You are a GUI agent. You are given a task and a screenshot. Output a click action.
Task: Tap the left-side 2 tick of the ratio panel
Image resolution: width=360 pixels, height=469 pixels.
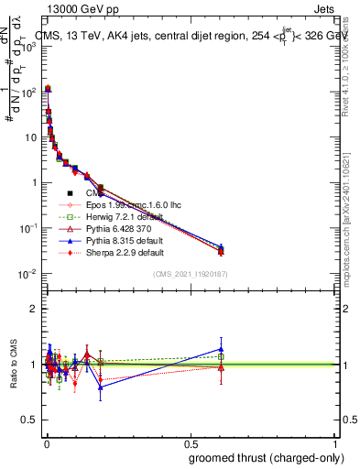[33, 309]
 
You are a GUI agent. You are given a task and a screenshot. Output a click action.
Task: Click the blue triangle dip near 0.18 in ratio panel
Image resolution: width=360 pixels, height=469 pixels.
[101, 387]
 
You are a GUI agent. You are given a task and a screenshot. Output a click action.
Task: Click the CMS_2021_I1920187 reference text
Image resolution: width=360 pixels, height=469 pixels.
[190, 274]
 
